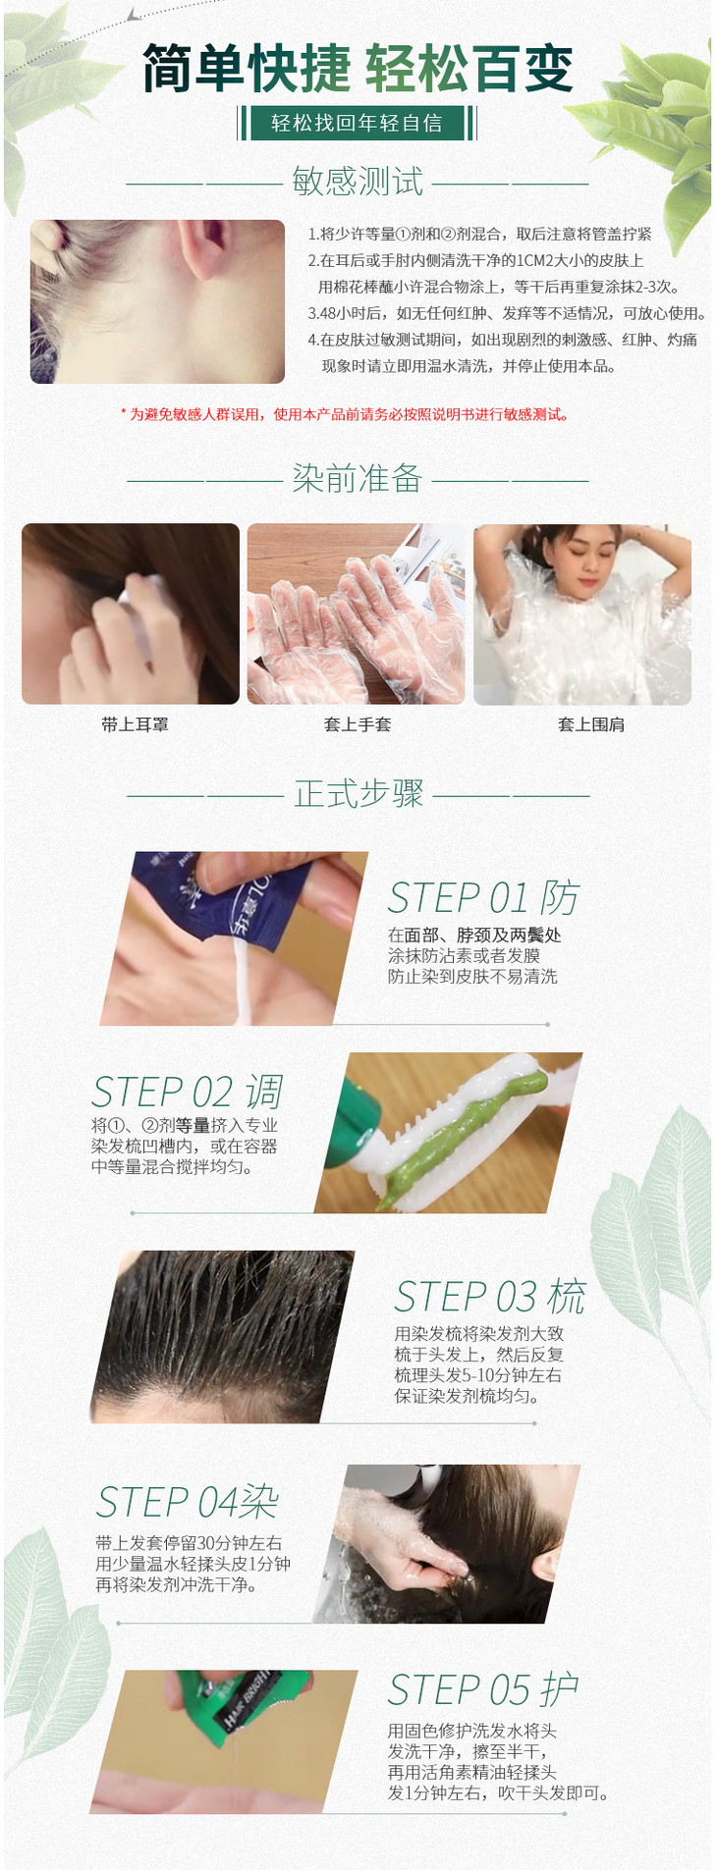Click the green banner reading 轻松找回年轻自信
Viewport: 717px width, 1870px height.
(x=358, y=123)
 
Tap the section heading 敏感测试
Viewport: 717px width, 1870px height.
(x=358, y=182)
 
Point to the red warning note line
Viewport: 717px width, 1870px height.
(x=345, y=414)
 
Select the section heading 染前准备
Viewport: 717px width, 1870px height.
(x=358, y=478)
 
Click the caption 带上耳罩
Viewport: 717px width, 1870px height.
(x=135, y=724)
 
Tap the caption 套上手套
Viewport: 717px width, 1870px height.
(x=358, y=724)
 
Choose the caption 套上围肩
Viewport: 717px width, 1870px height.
(x=591, y=724)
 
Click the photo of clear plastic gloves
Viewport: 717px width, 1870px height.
(x=356, y=614)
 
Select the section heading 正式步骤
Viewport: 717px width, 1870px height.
(x=358, y=793)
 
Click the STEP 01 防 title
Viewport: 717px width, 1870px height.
(x=483, y=897)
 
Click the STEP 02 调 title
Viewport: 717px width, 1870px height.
(x=188, y=1092)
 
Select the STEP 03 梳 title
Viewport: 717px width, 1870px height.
(x=490, y=1296)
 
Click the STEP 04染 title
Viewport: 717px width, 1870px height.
(x=187, y=1501)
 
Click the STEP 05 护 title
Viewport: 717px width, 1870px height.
(x=482, y=1689)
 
